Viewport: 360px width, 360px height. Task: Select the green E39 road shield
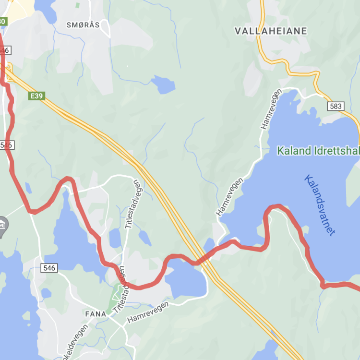tap(36, 96)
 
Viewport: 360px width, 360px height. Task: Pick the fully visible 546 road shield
tap(49, 267)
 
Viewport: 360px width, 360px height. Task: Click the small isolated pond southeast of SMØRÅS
tap(163, 85)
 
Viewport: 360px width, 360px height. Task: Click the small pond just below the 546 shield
tap(46, 293)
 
